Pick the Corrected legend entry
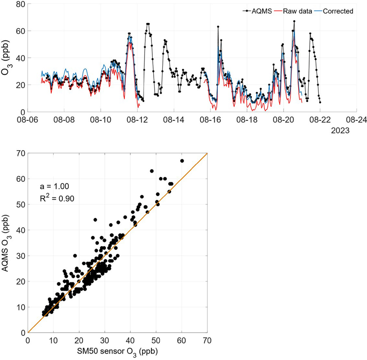point(339,11)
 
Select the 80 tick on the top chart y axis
point(19,5)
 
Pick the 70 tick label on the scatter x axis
point(207,341)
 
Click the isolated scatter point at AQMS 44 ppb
point(95,219)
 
